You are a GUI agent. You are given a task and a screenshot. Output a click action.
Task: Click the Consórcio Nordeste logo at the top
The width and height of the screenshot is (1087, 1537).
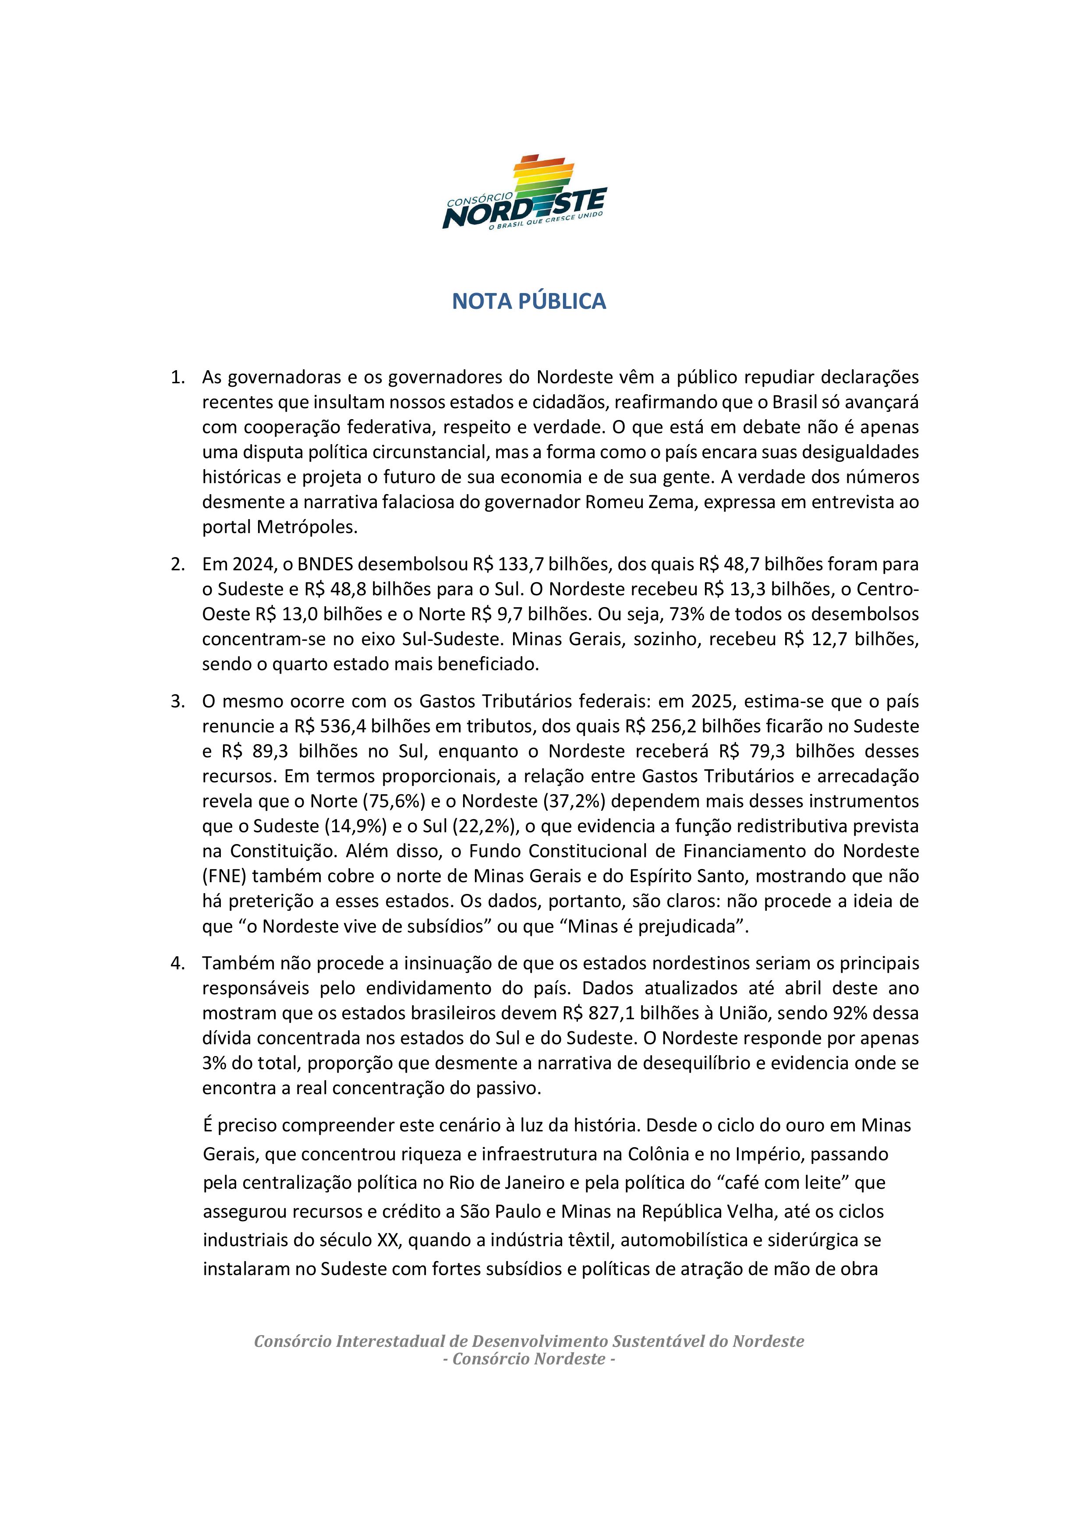[x=524, y=193]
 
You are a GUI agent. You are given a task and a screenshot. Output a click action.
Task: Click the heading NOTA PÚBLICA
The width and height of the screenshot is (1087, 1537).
[x=528, y=301]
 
